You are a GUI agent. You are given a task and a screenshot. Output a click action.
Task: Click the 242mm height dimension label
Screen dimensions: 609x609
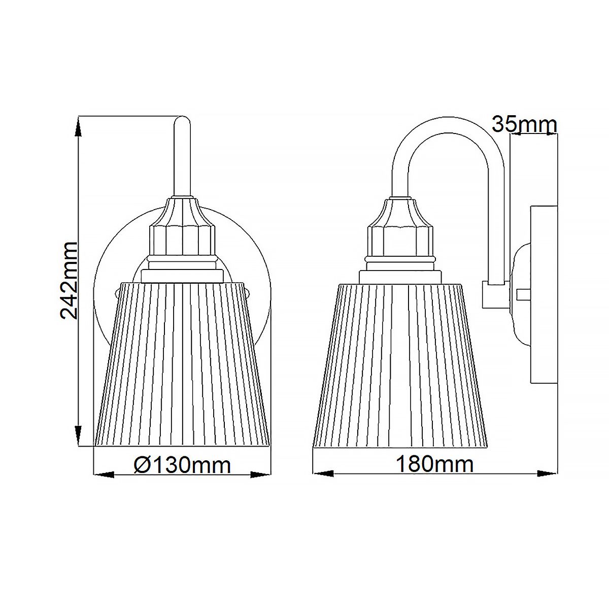click(x=69, y=280)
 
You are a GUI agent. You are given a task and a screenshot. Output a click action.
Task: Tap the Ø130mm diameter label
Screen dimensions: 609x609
click(x=183, y=464)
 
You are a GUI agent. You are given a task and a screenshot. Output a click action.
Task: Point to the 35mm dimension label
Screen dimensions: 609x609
click(x=524, y=124)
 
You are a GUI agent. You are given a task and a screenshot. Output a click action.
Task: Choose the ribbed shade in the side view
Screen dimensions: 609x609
click(x=401, y=365)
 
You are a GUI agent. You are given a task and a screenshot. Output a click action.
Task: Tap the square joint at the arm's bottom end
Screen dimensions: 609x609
click(x=491, y=294)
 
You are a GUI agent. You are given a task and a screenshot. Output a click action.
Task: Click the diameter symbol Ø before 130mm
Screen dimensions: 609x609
click(x=141, y=464)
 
